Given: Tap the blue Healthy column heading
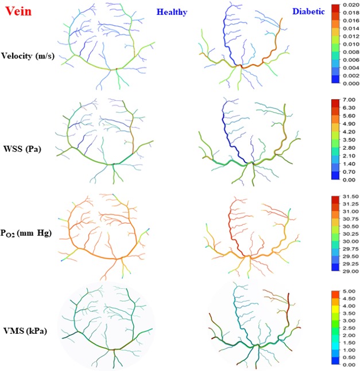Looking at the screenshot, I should pos(172,11).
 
